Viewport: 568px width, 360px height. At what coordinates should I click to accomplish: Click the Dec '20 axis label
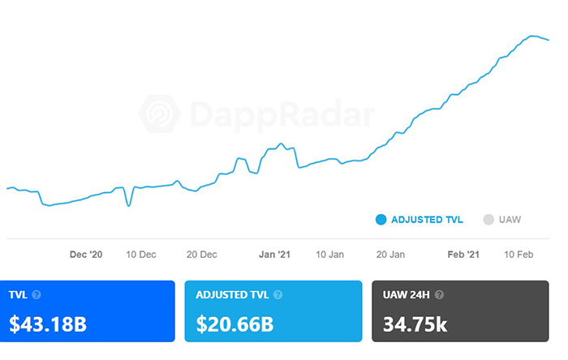(x=86, y=255)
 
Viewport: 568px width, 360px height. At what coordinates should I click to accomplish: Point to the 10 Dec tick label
(x=141, y=255)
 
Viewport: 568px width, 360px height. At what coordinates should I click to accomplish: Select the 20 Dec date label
(x=202, y=255)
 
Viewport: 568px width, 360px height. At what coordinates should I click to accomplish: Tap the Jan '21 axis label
(x=274, y=255)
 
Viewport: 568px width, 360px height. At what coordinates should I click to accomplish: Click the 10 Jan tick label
(x=329, y=255)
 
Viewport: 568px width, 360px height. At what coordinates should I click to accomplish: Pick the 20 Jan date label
(x=390, y=255)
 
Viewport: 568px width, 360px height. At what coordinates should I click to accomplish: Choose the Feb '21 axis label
(x=463, y=255)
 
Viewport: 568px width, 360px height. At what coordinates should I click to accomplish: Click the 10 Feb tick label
(x=518, y=255)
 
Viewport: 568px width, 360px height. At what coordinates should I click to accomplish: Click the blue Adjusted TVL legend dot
(x=381, y=219)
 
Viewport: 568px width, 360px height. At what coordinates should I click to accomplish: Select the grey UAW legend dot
(x=488, y=219)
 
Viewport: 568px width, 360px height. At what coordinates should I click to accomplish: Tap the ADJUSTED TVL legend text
(x=428, y=219)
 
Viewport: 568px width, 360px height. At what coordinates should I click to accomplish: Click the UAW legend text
(x=510, y=219)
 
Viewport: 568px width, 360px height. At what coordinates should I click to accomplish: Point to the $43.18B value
(x=48, y=325)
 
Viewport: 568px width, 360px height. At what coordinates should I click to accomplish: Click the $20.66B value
(x=235, y=325)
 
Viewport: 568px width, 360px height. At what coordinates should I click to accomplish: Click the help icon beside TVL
(x=37, y=295)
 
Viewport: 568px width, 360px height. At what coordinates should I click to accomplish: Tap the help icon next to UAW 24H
(x=439, y=295)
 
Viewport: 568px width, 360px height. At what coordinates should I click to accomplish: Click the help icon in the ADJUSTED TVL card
(x=278, y=295)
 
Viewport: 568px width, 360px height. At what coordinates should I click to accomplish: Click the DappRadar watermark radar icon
(x=160, y=114)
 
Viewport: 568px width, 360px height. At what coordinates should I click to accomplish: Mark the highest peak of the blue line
(x=532, y=36)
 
